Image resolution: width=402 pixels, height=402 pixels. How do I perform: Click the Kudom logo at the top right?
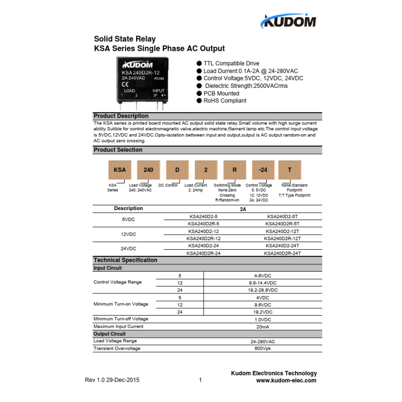click(x=288, y=21)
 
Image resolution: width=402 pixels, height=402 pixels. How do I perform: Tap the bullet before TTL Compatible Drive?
click(x=199, y=64)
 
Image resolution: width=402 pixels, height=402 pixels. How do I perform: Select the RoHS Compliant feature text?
click(x=225, y=100)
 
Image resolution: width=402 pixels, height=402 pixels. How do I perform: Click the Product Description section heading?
click(x=121, y=116)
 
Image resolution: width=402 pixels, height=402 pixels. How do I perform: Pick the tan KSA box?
click(x=120, y=170)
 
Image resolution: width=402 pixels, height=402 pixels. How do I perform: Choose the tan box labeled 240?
click(x=148, y=170)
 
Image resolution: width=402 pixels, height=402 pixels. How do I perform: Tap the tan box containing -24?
click(x=262, y=170)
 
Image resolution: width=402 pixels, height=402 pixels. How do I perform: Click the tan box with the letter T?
click(x=289, y=170)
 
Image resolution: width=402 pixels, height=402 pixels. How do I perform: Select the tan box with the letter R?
click(x=234, y=170)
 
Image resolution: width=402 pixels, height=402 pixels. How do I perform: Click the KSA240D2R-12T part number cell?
click(x=282, y=238)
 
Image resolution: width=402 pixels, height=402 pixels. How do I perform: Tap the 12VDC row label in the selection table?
click(x=129, y=235)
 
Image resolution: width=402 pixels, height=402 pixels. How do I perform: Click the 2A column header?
click(x=243, y=209)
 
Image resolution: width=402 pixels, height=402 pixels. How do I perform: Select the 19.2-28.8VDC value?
click(x=262, y=290)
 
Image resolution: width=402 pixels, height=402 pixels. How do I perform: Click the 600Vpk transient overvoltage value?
click(x=262, y=349)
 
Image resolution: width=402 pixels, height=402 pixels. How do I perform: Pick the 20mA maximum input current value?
click(x=262, y=327)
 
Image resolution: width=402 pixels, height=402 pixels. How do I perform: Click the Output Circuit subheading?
click(x=110, y=334)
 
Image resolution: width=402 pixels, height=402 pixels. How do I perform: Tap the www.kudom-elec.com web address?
click(x=286, y=380)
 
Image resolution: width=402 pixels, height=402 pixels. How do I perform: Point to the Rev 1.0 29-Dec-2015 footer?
click(x=112, y=380)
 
